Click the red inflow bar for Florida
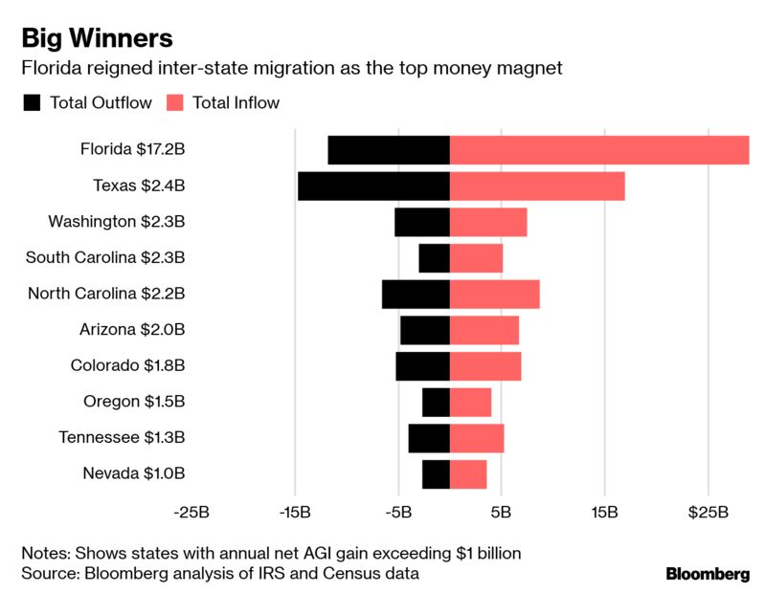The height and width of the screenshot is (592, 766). (x=598, y=150)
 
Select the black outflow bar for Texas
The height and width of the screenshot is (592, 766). (x=373, y=186)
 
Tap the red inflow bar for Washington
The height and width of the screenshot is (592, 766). (x=488, y=222)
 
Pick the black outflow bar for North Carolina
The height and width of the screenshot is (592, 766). (x=416, y=295)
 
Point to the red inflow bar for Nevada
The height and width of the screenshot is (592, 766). (x=468, y=474)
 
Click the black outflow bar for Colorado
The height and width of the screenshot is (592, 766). (x=422, y=366)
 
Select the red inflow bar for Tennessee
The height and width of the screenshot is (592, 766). (x=477, y=438)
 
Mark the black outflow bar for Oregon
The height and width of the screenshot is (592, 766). (x=436, y=403)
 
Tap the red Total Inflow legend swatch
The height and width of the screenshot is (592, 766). (x=176, y=102)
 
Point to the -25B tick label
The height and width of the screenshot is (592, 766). (x=191, y=513)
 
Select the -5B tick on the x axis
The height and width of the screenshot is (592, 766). (x=397, y=513)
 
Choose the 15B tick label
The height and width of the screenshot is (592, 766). (x=604, y=513)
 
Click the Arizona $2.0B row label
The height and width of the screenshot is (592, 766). (x=132, y=330)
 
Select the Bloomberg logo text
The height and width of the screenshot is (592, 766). (x=708, y=574)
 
